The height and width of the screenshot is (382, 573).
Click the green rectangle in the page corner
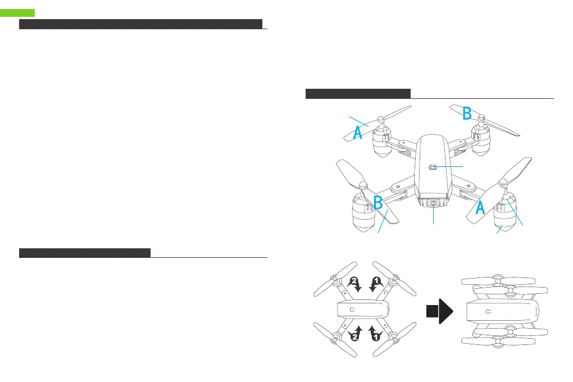click(17, 12)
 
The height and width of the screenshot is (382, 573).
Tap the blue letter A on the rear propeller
click(357, 133)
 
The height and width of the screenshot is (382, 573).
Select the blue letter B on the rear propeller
click(467, 113)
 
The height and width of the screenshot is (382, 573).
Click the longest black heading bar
click(140, 24)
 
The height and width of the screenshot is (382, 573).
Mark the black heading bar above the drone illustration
click(358, 93)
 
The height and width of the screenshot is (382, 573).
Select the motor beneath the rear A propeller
click(383, 144)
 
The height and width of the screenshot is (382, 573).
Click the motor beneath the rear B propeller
click(481, 143)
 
